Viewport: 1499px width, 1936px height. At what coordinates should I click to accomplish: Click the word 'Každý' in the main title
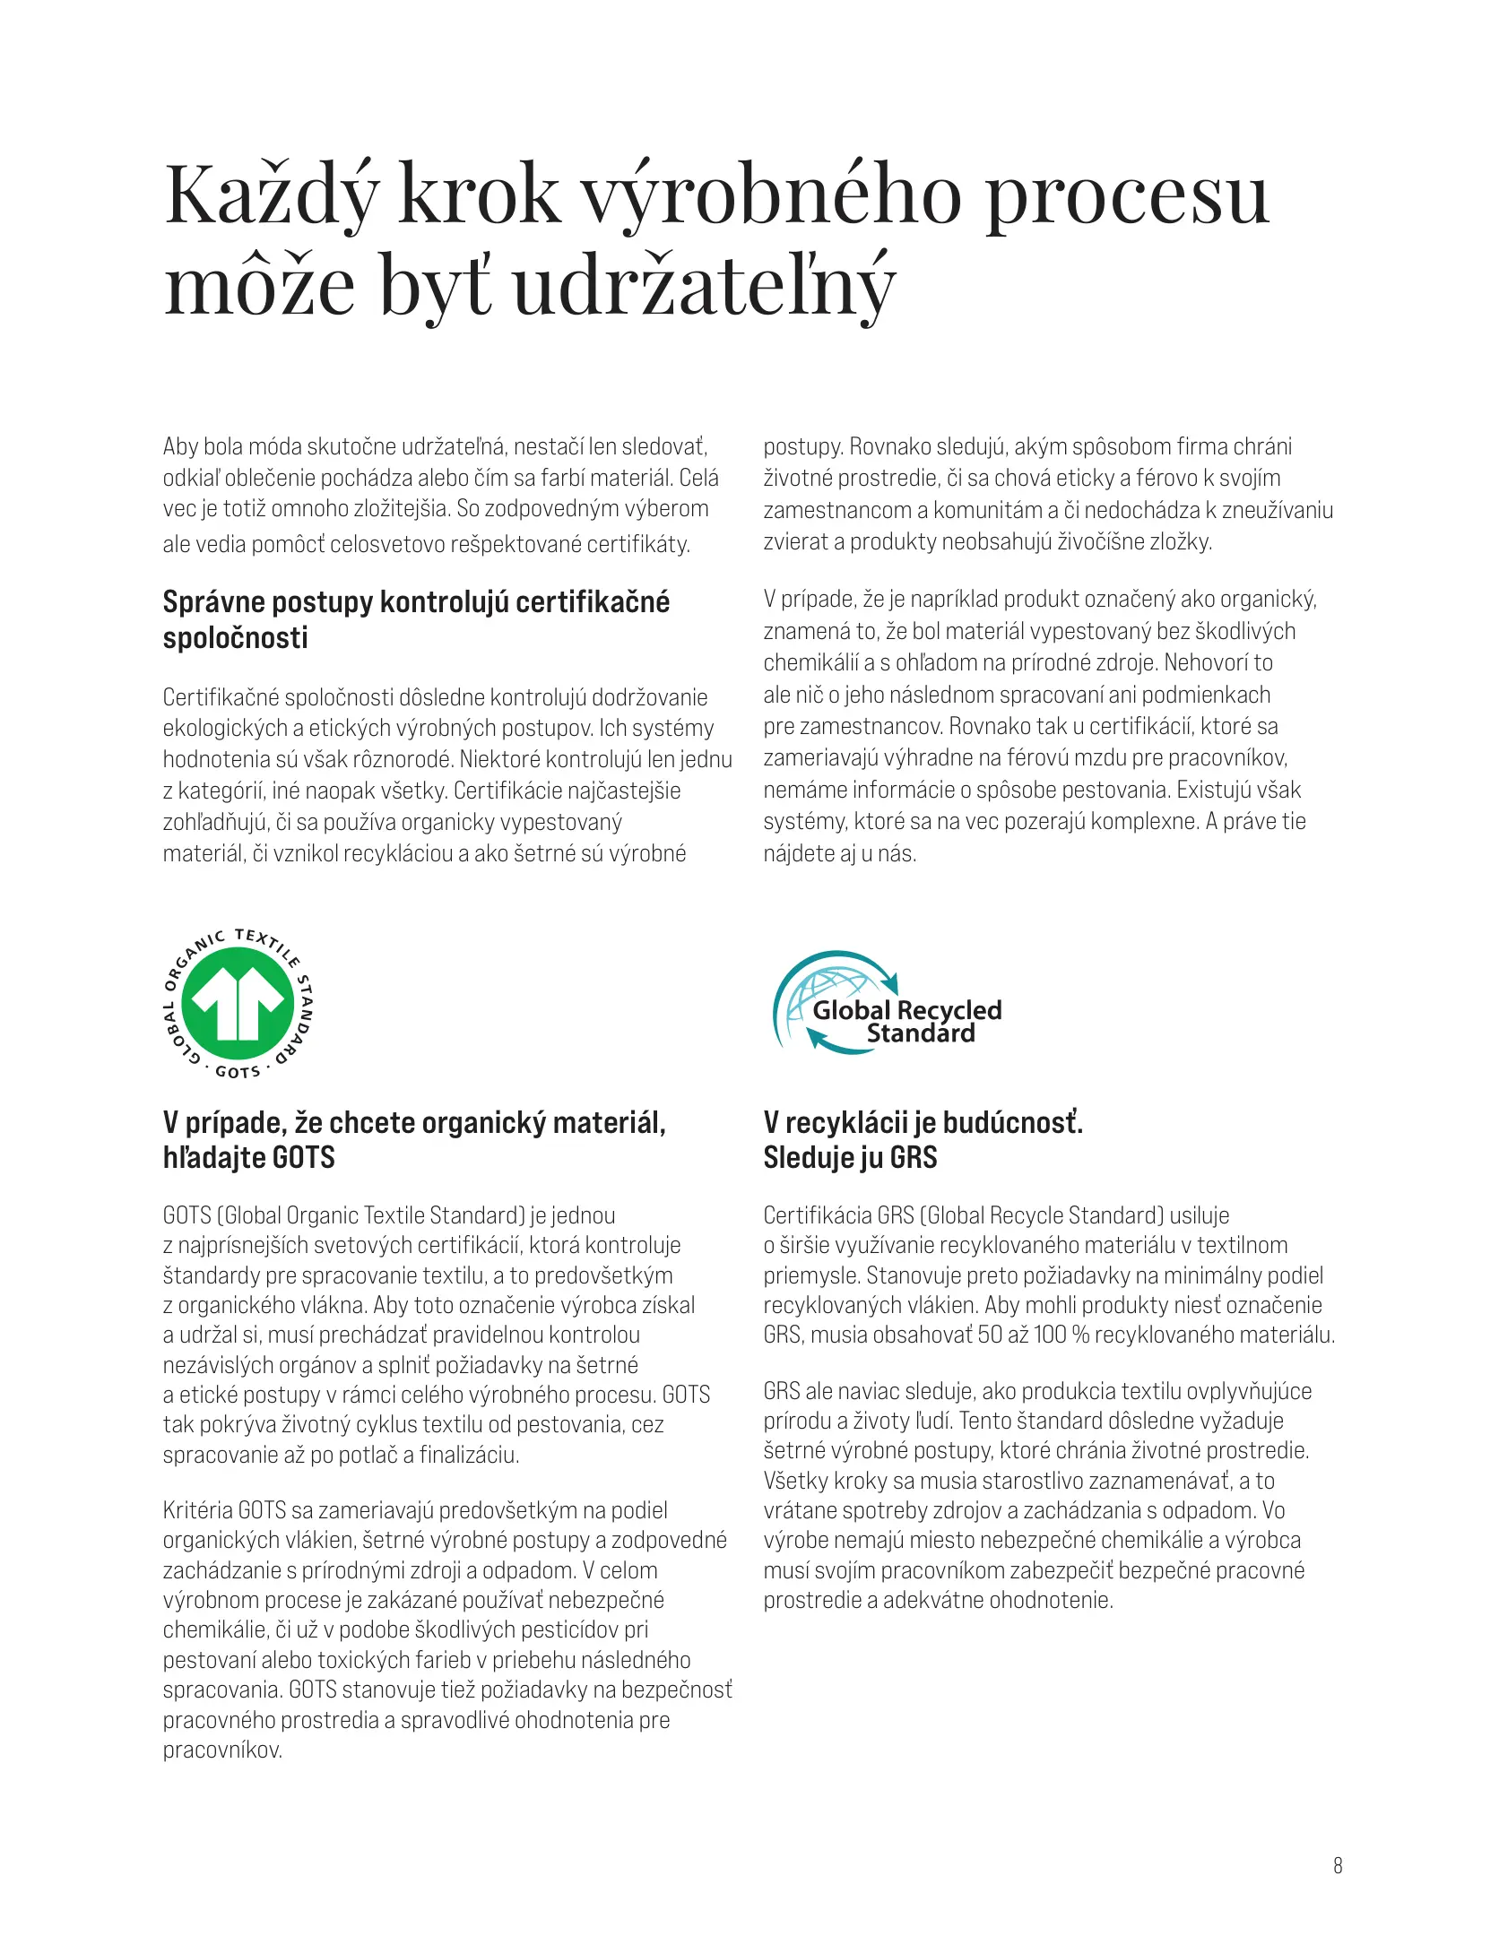pyautogui.click(x=272, y=195)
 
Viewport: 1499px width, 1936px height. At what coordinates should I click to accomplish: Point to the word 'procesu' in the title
pyautogui.click(x=1127, y=195)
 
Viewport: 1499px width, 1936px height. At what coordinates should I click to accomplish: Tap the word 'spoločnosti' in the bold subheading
pyautogui.click(x=235, y=638)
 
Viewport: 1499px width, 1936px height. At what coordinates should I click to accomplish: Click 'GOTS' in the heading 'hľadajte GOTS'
pyautogui.click(x=303, y=1158)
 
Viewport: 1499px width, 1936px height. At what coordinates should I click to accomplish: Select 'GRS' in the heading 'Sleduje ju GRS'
pyautogui.click(x=914, y=1158)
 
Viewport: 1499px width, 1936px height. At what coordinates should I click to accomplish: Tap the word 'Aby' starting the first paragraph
pyautogui.click(x=180, y=446)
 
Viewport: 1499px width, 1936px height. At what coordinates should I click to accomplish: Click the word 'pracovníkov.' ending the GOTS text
pyautogui.click(x=222, y=1750)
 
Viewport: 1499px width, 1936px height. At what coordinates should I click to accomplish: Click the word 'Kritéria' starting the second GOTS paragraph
pyautogui.click(x=197, y=1510)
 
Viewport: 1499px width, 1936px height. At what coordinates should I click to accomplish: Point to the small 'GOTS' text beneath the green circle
pyautogui.click(x=238, y=1072)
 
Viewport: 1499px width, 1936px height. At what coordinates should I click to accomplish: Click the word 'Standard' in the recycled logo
pyautogui.click(x=921, y=1034)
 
